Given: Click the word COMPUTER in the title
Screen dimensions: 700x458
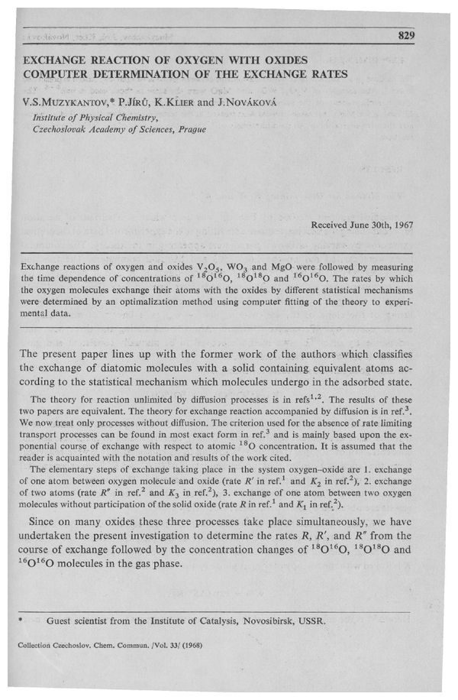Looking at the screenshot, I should (x=59, y=73).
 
